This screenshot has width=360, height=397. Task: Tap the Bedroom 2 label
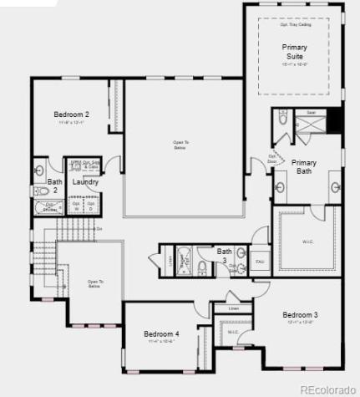tap(72, 115)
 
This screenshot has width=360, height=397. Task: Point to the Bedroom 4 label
tap(161, 333)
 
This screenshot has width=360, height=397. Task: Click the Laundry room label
tap(85, 182)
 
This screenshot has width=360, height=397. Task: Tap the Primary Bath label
tap(304, 166)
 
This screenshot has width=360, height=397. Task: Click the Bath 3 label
tap(225, 252)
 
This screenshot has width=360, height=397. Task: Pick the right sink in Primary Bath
tap(335, 186)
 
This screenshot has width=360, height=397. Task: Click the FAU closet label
tap(260, 262)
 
